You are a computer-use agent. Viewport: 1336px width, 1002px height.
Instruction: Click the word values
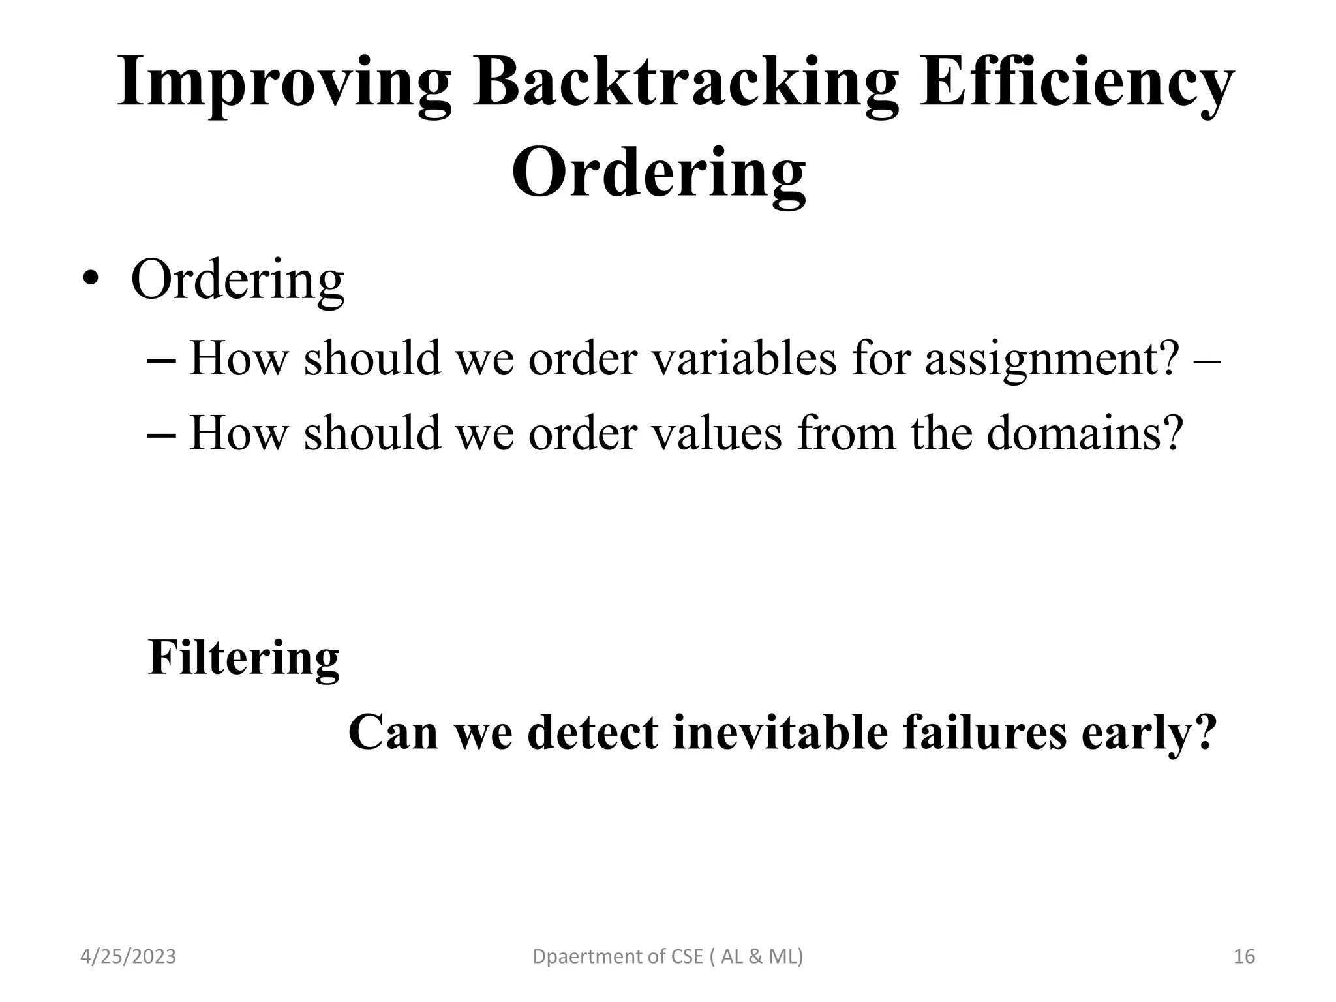pyautogui.click(x=717, y=434)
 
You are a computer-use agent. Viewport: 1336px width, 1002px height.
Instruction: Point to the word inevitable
pyautogui.click(x=780, y=733)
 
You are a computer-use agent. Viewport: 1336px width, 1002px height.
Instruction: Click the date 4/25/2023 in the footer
pyautogui.click(x=128, y=957)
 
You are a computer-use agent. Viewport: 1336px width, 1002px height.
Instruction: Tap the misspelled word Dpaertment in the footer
pyautogui.click(x=579, y=957)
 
